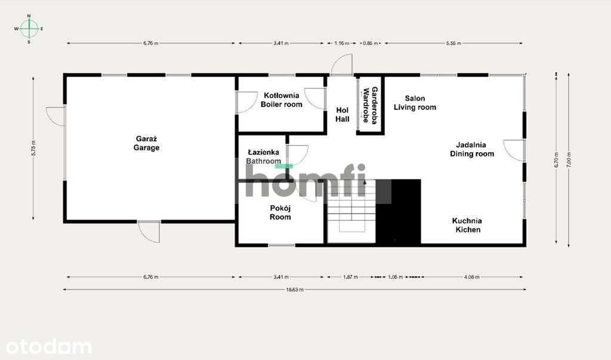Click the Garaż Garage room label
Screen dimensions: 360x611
coord(146,143)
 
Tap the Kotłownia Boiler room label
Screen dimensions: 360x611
coord(281,100)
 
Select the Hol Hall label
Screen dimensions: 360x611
coord(342,115)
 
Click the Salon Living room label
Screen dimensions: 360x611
coord(415,103)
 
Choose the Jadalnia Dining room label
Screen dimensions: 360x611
coord(471,149)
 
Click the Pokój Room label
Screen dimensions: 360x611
coord(280,213)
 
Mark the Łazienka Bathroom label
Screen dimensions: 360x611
coord(263,157)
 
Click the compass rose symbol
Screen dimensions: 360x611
coord(29,28)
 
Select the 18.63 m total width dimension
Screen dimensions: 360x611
coord(295,290)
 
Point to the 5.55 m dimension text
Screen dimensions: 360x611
coord(453,43)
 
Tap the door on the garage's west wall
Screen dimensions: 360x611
coord(55,115)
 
